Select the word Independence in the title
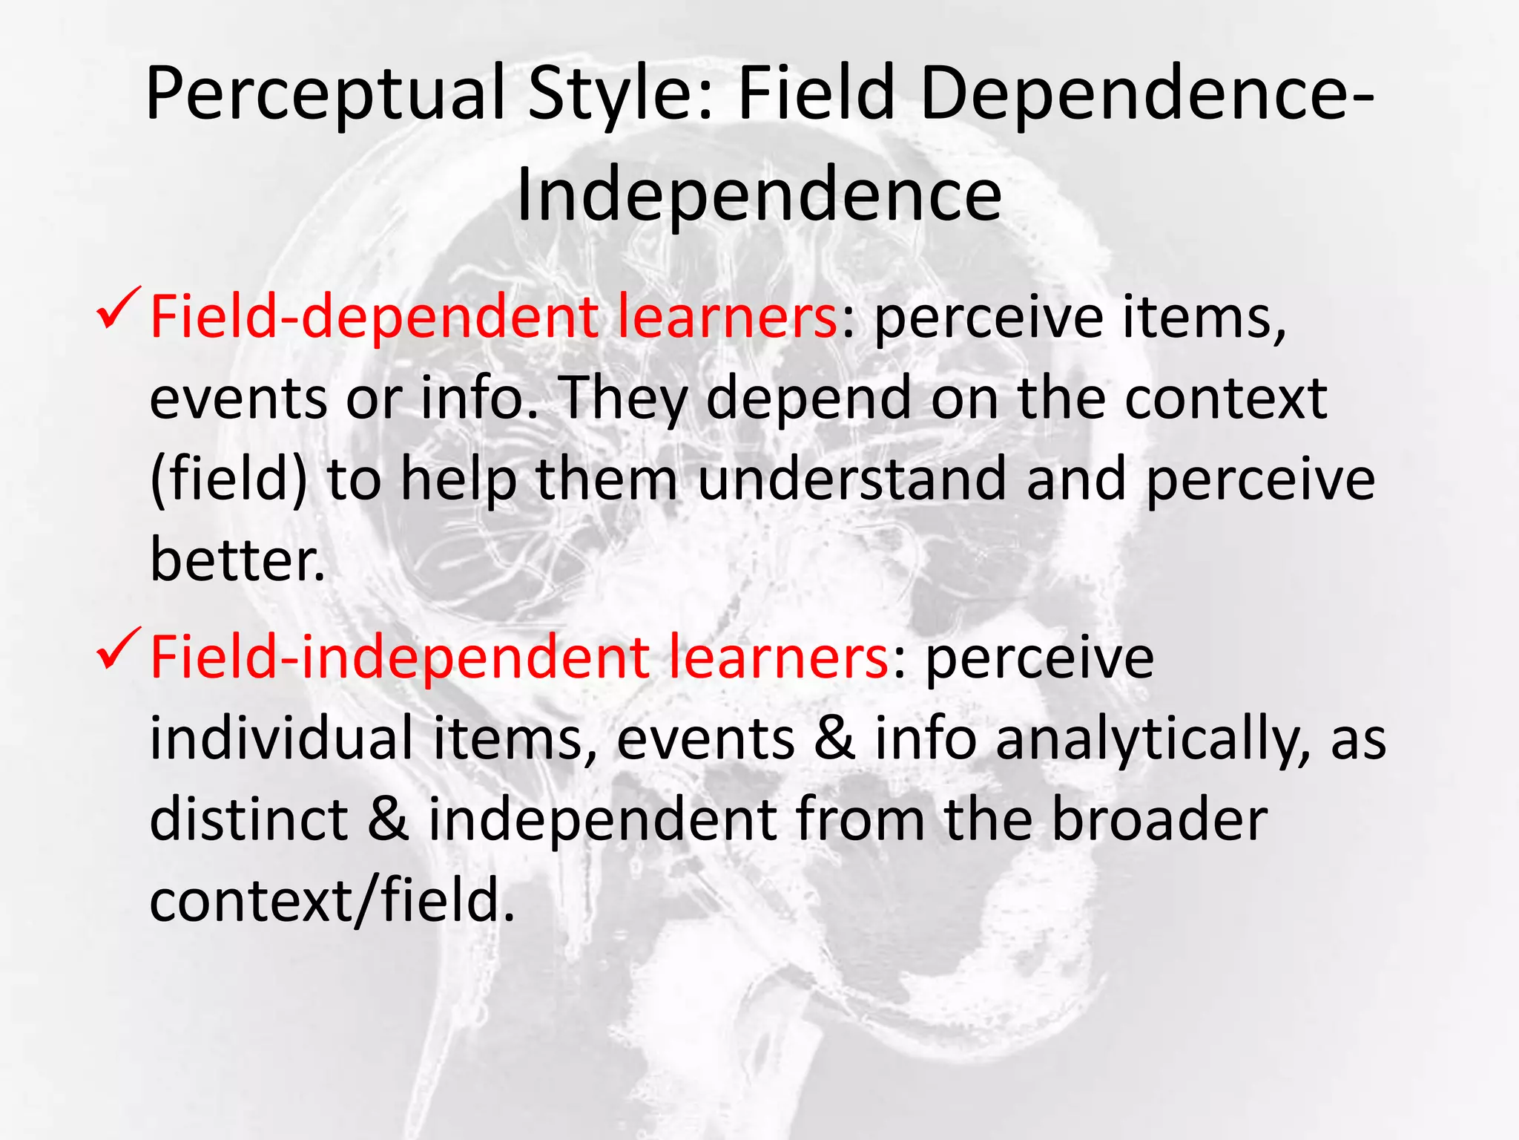[x=759, y=196]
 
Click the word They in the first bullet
[x=622, y=399]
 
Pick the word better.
[x=237, y=560]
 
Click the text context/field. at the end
[x=332, y=901]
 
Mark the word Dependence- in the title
[x=1147, y=95]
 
